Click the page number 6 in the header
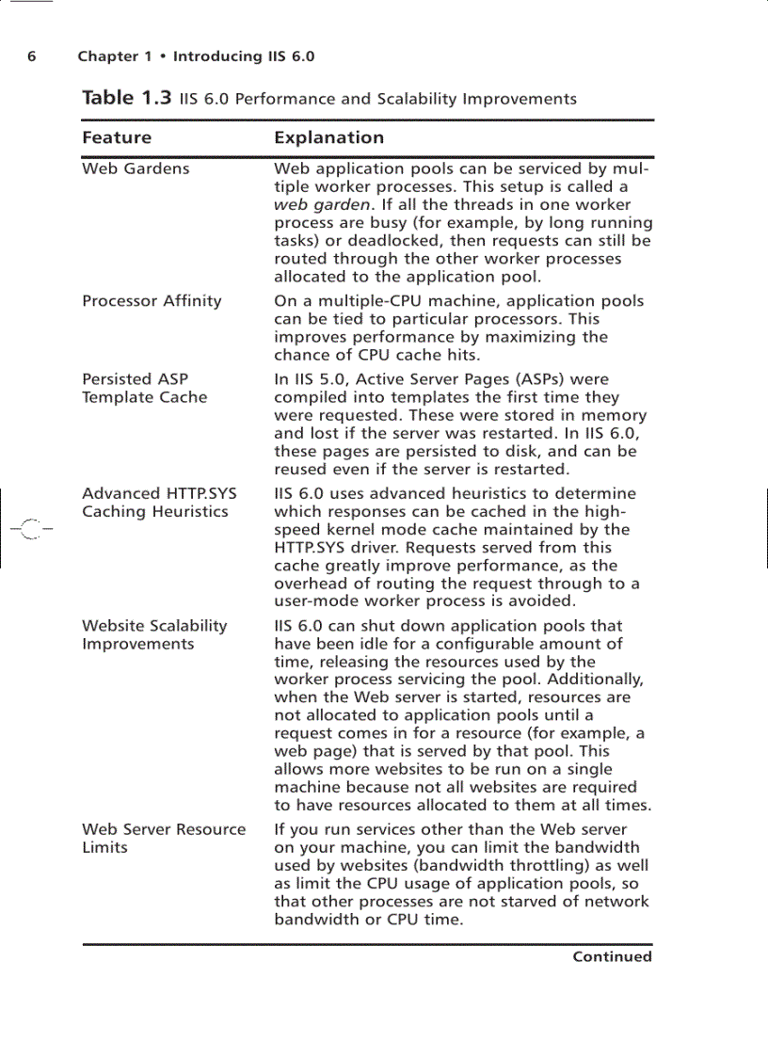31,56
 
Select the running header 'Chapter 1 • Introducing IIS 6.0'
196,56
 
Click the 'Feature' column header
117,137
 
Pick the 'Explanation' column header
328,137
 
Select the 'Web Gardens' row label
136,168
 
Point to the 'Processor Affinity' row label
152,301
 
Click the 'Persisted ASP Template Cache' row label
144,389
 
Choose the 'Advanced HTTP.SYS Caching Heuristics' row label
158,503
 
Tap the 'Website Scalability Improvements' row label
154,634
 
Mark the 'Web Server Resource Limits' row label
164,838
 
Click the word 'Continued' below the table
612,956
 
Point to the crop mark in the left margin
31,529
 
